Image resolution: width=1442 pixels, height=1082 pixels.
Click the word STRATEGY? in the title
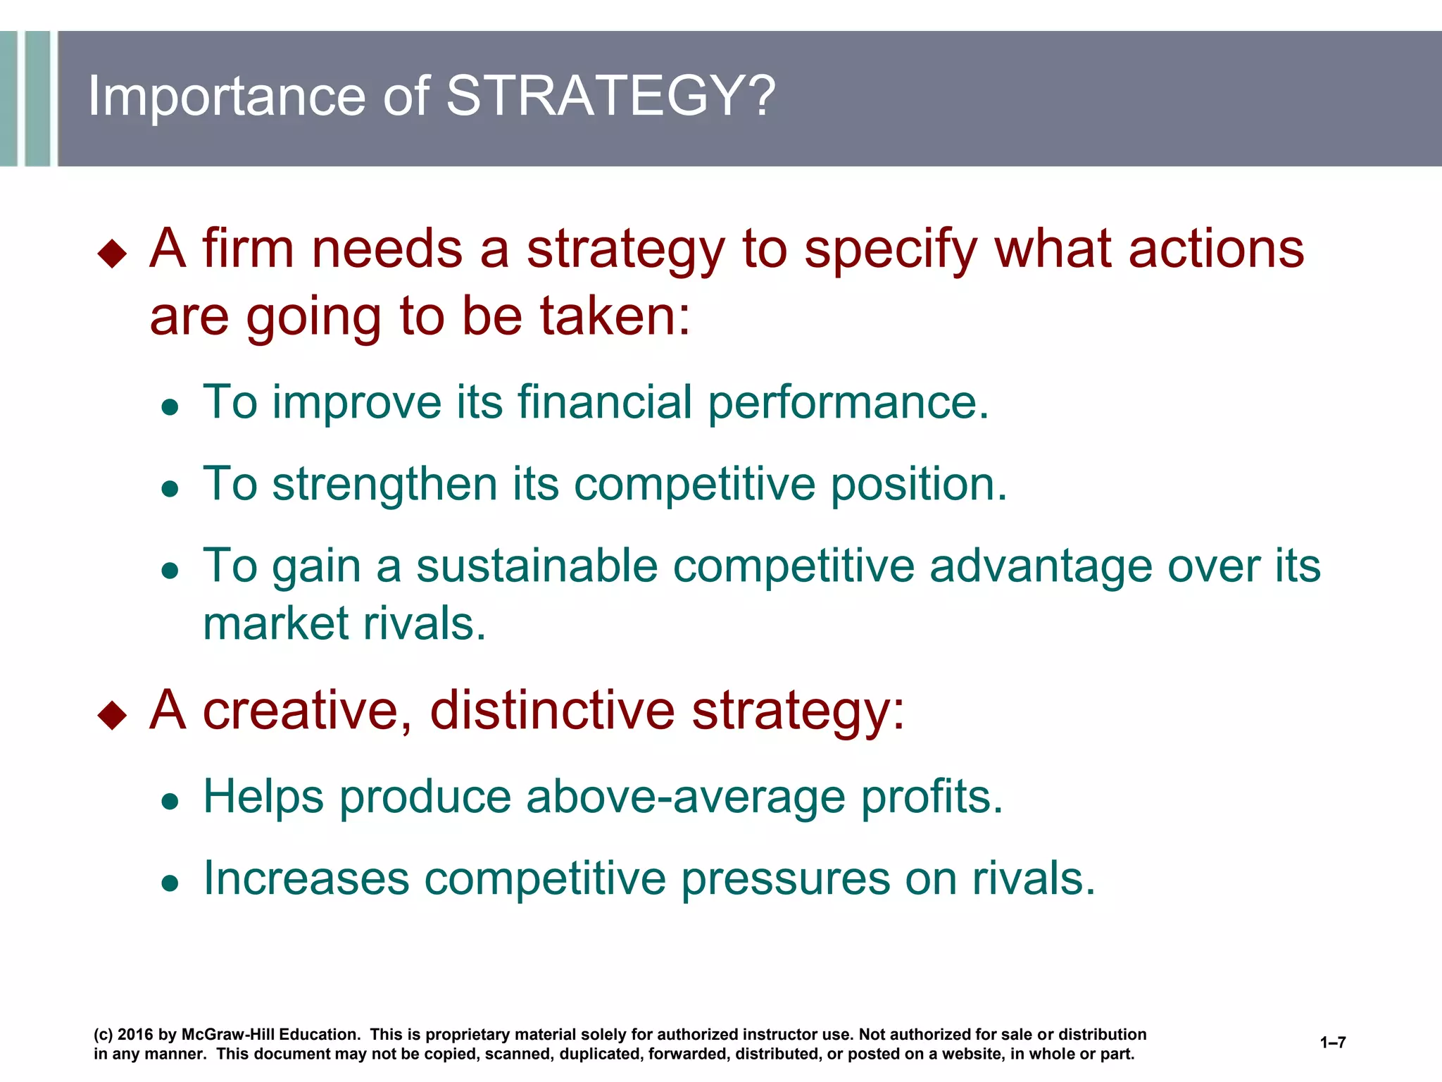610,96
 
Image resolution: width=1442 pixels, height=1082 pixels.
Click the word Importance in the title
226,97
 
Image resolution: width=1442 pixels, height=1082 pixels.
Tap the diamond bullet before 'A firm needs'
113,254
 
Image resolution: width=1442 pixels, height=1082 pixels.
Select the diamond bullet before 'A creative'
113,715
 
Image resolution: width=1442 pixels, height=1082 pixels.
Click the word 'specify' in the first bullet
890,251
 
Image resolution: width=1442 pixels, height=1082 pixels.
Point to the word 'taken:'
615,316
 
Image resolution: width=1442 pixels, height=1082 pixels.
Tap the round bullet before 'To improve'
170,407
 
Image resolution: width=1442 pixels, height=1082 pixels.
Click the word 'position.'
919,486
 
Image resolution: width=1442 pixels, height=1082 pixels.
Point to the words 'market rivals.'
344,624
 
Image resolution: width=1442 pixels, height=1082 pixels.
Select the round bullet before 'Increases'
170,883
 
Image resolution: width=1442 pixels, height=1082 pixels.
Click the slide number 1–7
1332,1043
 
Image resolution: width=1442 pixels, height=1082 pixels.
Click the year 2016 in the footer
134,1035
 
